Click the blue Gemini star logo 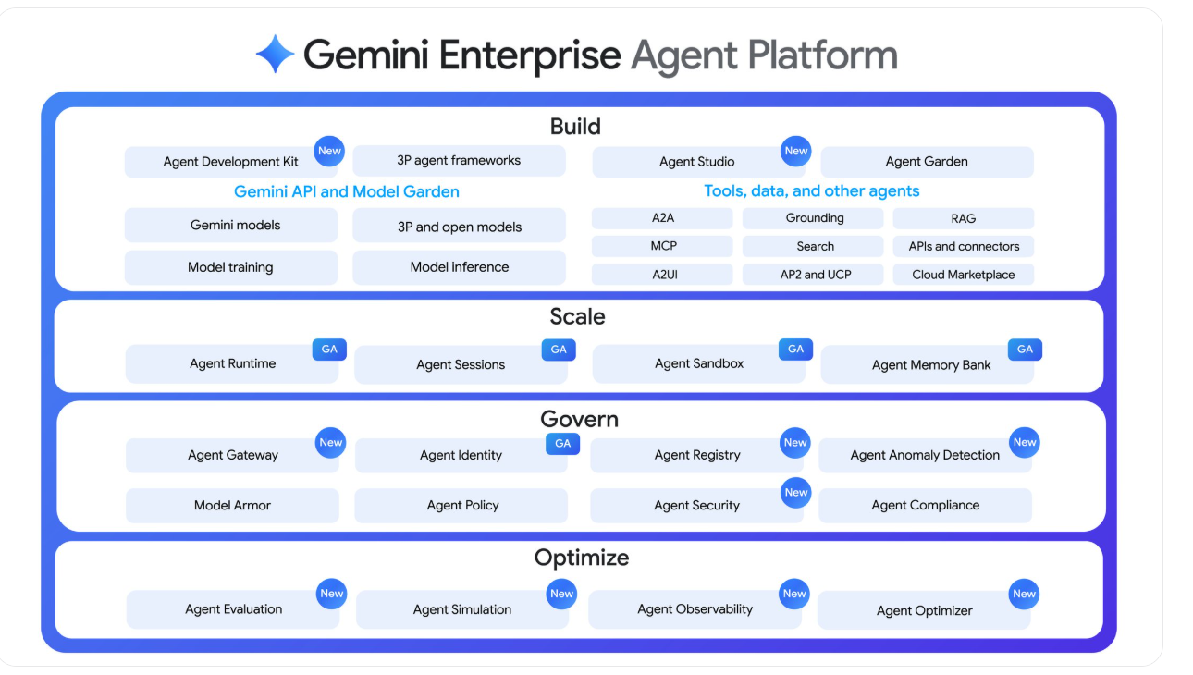click(275, 54)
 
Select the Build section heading click(575, 127)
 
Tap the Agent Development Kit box click(230, 162)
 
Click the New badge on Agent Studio click(795, 151)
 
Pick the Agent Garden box click(927, 162)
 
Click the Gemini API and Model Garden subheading click(347, 192)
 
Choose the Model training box click(230, 267)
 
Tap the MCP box click(663, 246)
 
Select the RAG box click(963, 219)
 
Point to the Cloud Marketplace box click(963, 275)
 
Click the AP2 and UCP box click(815, 275)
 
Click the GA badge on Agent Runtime click(329, 350)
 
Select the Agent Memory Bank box click(930, 365)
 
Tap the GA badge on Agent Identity click(562, 443)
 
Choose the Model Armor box click(232, 506)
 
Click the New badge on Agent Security click(795, 493)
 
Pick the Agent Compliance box click(925, 506)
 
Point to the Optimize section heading click(581, 558)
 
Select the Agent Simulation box click(461, 609)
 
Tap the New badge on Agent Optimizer click(1024, 594)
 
